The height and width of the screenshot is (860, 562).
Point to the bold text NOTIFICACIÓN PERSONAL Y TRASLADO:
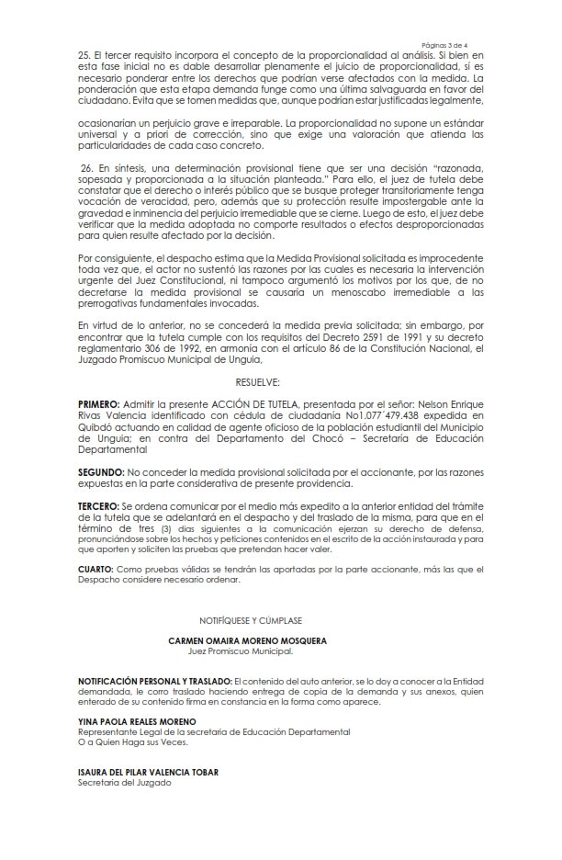pos(152,679)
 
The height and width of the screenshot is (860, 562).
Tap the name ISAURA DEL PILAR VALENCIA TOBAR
pos(148,772)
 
